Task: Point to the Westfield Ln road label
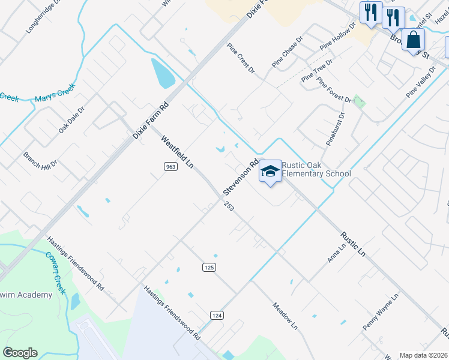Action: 177,151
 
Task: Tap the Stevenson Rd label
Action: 241,176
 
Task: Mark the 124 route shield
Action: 217,315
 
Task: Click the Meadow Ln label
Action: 285,316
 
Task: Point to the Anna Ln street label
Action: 337,253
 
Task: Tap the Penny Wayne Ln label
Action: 381,312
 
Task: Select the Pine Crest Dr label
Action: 241,58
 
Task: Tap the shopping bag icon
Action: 413,40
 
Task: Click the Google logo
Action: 20,353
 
